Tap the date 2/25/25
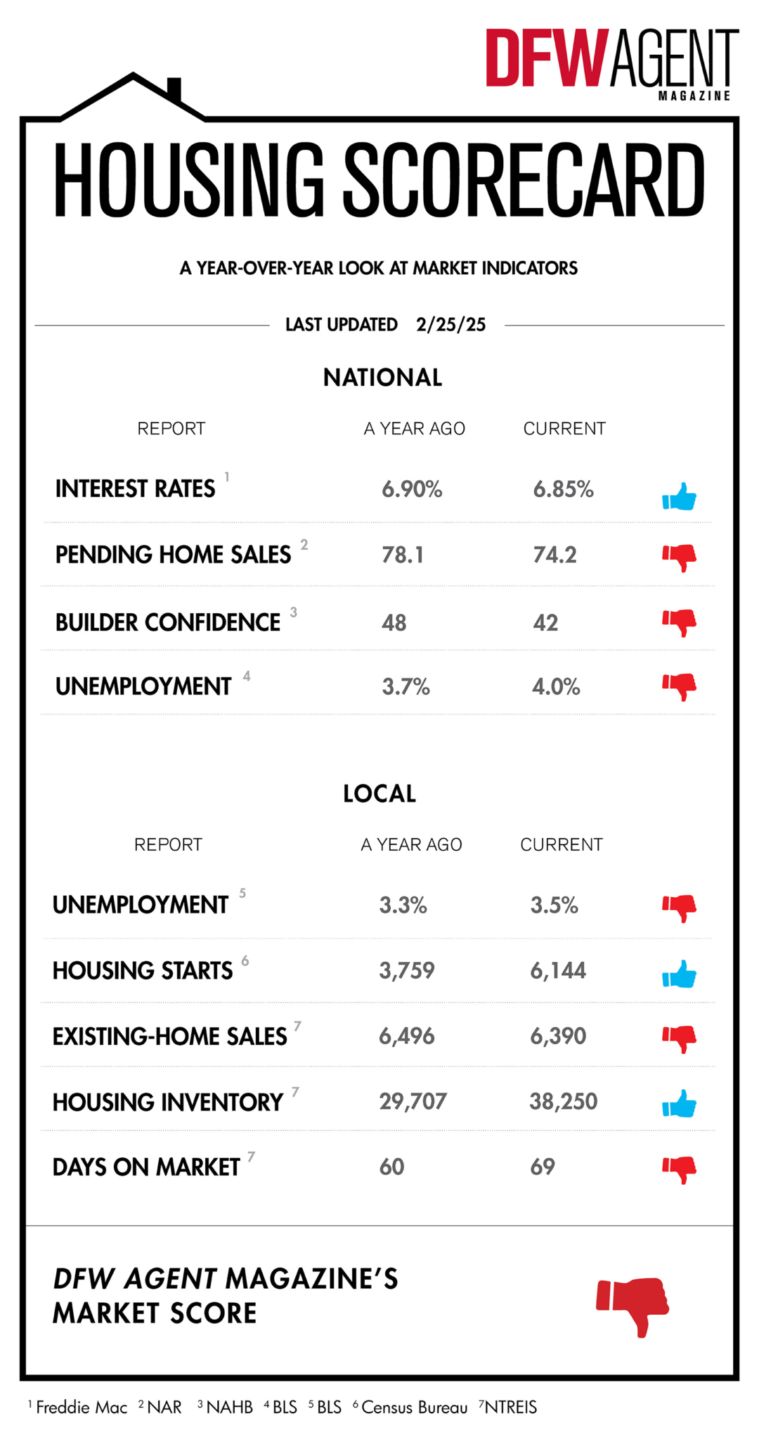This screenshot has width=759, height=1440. (450, 324)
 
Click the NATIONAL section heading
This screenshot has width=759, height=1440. (382, 378)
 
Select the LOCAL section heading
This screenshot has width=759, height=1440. (379, 794)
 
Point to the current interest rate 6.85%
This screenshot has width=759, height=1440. (563, 489)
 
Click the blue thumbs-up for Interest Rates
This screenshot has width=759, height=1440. (679, 496)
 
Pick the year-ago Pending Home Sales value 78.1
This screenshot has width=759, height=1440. (403, 555)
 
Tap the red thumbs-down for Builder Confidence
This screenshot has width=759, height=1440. (679, 622)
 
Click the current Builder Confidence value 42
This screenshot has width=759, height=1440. (545, 623)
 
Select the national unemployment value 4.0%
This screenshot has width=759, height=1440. (556, 687)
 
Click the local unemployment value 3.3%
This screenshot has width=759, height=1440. (403, 905)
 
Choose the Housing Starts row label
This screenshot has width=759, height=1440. (143, 971)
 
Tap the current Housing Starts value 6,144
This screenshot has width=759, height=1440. (558, 971)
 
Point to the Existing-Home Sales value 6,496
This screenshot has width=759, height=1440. (407, 1036)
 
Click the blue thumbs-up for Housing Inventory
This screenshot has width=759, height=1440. (679, 1104)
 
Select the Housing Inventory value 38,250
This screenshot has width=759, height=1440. (563, 1102)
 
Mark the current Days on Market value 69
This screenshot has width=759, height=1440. (543, 1167)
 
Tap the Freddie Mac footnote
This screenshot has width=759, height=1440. (80, 1407)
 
